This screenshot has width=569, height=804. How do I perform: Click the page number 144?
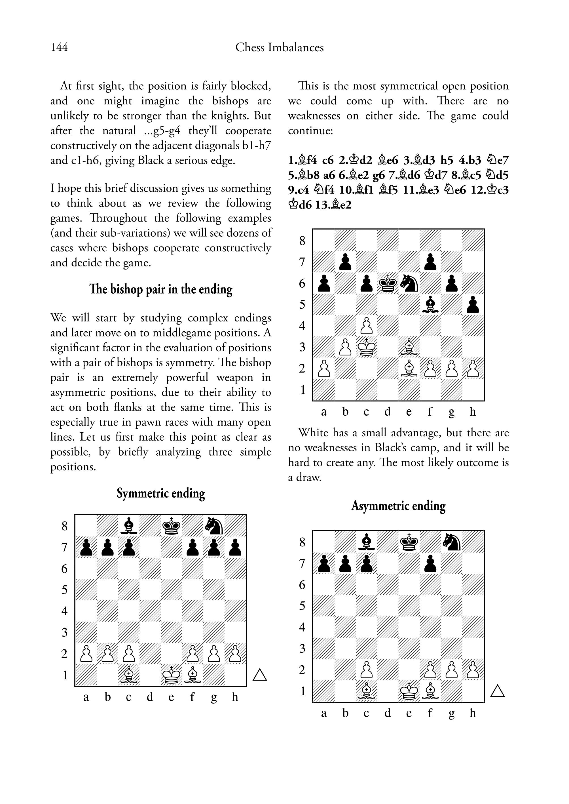(59, 47)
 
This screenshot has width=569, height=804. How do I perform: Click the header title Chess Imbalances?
(279, 47)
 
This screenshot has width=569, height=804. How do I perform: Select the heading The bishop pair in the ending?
(160, 289)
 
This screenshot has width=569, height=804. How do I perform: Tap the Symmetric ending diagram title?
(160, 493)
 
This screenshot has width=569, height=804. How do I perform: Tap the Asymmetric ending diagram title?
(398, 506)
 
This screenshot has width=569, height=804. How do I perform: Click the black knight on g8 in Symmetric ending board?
(214, 526)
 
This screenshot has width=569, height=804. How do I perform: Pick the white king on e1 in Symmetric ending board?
(171, 675)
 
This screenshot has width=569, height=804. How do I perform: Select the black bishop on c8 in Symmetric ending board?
(129, 526)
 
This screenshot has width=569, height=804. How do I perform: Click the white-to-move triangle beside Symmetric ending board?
(260, 675)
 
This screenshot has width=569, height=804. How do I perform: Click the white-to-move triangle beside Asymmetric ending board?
(497, 691)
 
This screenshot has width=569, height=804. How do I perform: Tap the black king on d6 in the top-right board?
(388, 284)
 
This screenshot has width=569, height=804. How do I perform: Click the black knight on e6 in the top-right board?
(409, 284)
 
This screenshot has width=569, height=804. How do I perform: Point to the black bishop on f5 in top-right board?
(430, 305)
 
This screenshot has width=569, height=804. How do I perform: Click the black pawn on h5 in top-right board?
(473, 305)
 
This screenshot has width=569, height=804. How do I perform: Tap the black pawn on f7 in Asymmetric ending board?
(430, 563)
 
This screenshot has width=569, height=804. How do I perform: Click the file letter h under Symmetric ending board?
(235, 697)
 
